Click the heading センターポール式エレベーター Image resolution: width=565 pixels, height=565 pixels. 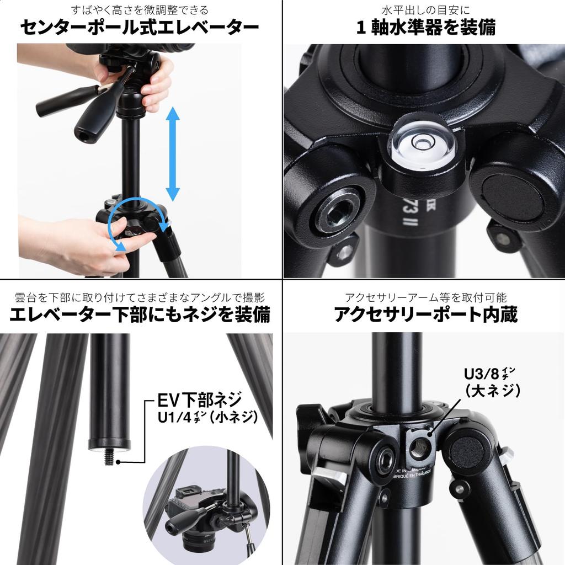point(140,28)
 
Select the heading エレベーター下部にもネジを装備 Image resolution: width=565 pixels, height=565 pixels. point(140,315)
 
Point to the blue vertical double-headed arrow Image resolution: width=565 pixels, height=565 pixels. point(173,154)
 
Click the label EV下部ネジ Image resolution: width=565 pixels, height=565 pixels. point(200,399)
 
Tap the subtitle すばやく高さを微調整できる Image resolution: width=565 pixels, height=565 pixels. point(140,10)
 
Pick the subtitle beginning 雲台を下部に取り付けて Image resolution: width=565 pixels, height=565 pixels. point(140,297)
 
